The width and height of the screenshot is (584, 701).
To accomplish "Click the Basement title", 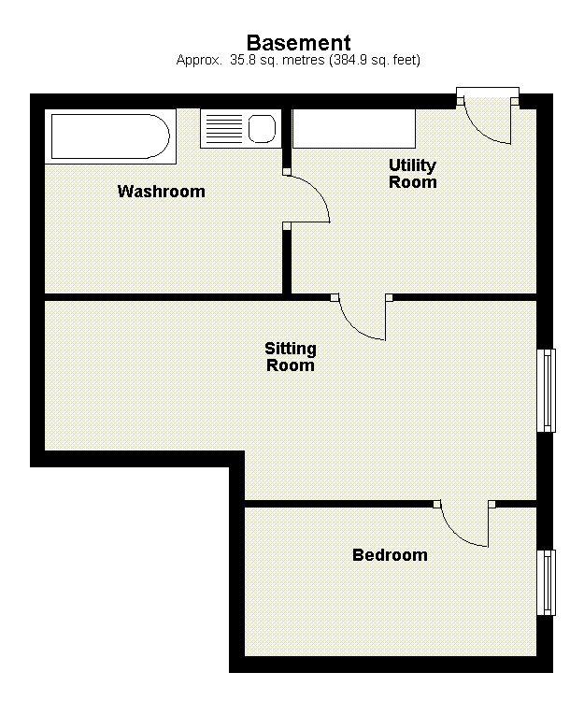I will (298, 42).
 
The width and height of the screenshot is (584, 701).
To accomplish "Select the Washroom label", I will (161, 192).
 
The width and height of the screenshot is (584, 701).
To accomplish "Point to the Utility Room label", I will (412, 174).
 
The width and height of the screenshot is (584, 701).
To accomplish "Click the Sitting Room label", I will (291, 357).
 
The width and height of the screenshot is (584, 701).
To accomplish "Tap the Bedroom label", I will (390, 555).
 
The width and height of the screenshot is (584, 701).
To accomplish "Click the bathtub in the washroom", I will (109, 136).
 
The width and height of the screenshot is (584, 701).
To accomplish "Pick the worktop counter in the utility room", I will (353, 129).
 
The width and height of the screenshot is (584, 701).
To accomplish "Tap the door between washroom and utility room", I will (306, 198).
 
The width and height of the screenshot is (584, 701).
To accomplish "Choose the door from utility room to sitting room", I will (363, 318).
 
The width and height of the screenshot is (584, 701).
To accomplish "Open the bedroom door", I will (464, 526).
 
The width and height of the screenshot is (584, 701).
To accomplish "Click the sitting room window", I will (547, 390).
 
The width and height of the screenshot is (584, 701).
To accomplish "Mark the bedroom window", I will (547, 582).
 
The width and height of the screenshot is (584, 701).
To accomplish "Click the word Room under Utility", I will (412, 182).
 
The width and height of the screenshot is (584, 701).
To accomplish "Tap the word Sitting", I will (291, 349).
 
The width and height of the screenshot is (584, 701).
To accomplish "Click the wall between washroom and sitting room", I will (164, 297).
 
